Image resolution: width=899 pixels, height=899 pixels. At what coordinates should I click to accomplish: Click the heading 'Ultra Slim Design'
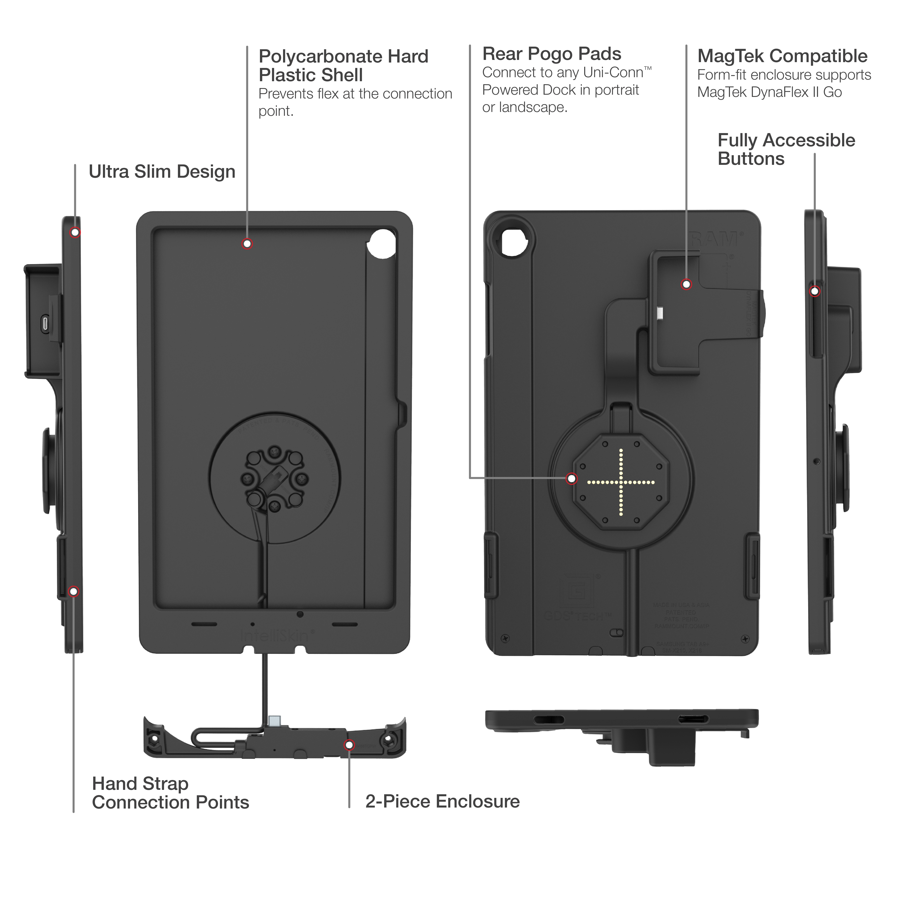click(162, 172)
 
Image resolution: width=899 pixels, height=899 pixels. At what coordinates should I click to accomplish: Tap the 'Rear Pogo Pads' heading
click(551, 54)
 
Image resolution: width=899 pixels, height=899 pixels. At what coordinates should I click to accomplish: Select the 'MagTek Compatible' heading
click(782, 56)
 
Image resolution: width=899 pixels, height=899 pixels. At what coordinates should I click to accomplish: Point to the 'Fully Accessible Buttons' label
click(786, 149)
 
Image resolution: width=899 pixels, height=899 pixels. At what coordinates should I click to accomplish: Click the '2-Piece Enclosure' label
click(442, 801)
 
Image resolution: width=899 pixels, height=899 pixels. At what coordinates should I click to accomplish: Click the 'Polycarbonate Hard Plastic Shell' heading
click(343, 66)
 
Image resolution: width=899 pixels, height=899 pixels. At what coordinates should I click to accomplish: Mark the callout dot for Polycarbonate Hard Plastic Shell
click(247, 244)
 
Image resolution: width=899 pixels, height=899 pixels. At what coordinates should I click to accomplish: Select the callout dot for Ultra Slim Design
click(75, 232)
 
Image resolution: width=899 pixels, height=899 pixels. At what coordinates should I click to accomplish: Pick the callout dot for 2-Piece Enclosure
click(349, 745)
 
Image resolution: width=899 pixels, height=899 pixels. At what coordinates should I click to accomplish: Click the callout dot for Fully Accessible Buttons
click(814, 291)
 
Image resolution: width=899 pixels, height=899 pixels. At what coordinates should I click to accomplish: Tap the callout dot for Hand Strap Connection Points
click(74, 591)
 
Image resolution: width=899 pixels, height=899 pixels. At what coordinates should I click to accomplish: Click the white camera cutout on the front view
click(382, 243)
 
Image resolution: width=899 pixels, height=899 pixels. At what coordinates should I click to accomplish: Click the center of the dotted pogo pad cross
click(621, 482)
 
